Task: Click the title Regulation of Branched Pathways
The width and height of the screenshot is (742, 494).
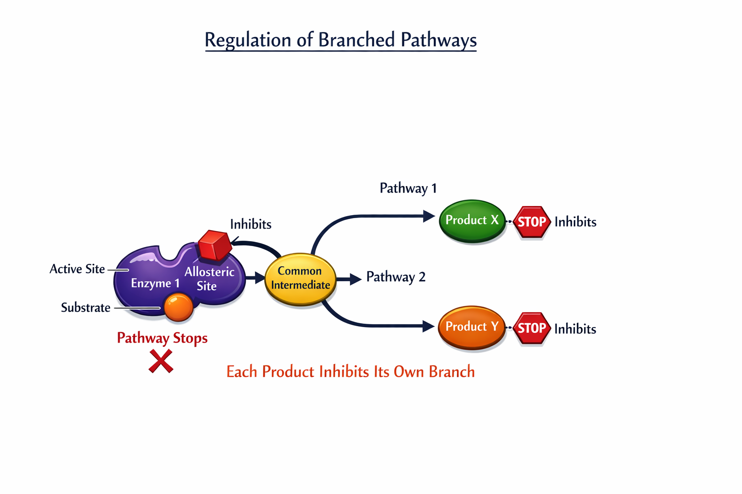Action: [341, 40]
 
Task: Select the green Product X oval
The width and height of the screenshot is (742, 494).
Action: [472, 220]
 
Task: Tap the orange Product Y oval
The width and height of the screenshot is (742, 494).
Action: [472, 327]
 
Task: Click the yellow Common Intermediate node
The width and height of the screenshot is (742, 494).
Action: [300, 278]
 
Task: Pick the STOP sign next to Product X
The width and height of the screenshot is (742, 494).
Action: [532, 222]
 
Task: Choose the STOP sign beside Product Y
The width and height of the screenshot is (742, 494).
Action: [532, 328]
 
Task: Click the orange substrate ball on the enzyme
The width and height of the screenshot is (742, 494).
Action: [179, 307]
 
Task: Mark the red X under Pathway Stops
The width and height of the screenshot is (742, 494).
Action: [161, 361]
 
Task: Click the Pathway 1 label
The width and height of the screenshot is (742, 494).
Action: [408, 188]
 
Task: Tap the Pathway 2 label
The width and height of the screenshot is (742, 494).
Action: [396, 277]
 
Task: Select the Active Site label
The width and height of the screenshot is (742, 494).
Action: [77, 269]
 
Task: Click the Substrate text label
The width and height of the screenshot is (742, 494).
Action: [86, 308]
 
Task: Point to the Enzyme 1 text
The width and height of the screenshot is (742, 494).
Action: [155, 283]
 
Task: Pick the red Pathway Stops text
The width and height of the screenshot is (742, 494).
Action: [162, 338]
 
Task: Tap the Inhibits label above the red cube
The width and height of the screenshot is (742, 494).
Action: [251, 224]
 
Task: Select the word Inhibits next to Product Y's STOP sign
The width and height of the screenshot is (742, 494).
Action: [575, 329]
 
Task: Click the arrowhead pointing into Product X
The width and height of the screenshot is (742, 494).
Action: [429, 216]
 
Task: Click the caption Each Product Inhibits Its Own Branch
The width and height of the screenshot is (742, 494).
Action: [351, 372]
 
